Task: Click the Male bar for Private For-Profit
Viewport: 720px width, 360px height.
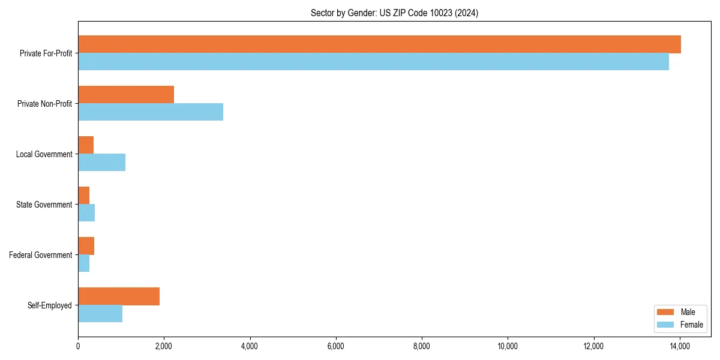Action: [379, 44]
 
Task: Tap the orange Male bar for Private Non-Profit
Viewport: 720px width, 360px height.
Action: [126, 95]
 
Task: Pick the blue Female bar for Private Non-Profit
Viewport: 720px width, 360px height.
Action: [151, 112]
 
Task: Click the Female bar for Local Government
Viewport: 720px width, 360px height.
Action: [101, 163]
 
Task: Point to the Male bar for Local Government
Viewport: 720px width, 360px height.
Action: [86, 145]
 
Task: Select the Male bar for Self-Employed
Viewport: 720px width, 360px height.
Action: [119, 296]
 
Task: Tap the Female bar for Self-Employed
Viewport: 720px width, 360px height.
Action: [100, 314]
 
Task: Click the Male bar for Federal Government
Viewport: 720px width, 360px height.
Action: [86, 246]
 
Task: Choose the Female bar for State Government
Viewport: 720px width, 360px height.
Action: [86, 213]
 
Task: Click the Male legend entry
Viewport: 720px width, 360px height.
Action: [679, 312]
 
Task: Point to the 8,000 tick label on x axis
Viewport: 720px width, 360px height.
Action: [422, 346]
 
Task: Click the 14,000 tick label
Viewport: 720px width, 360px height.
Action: [680, 346]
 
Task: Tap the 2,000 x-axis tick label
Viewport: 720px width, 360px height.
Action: [164, 346]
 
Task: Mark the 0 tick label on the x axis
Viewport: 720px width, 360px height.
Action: [78, 346]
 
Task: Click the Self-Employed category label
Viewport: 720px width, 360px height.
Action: [50, 305]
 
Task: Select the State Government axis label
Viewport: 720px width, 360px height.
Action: [44, 205]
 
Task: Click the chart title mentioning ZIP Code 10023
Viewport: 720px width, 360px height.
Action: [394, 13]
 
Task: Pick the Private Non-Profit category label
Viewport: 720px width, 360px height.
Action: [45, 104]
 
